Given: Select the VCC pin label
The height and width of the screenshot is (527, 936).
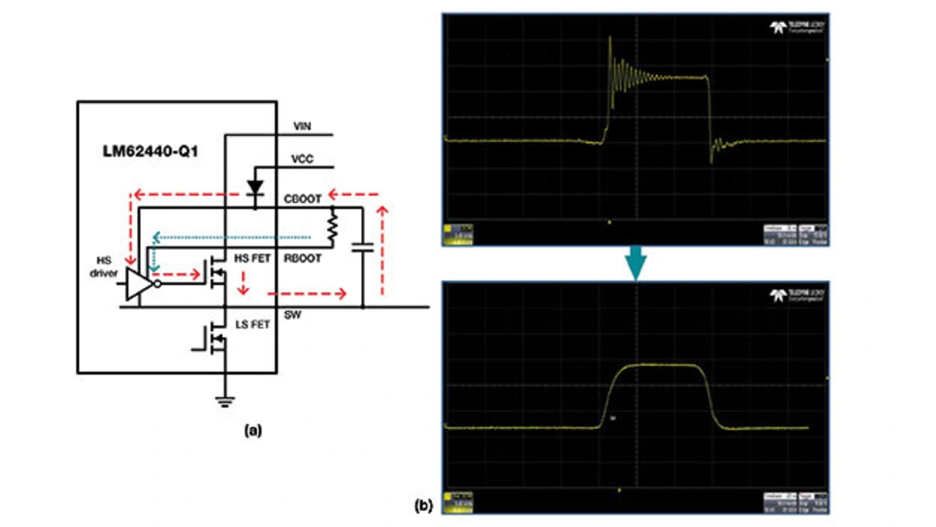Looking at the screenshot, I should (301, 159).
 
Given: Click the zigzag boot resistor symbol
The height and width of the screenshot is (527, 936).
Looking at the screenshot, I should (333, 228).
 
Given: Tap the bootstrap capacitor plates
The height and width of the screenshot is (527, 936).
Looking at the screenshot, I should (362, 249).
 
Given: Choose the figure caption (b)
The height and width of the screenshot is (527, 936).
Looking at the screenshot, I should (423, 504).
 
